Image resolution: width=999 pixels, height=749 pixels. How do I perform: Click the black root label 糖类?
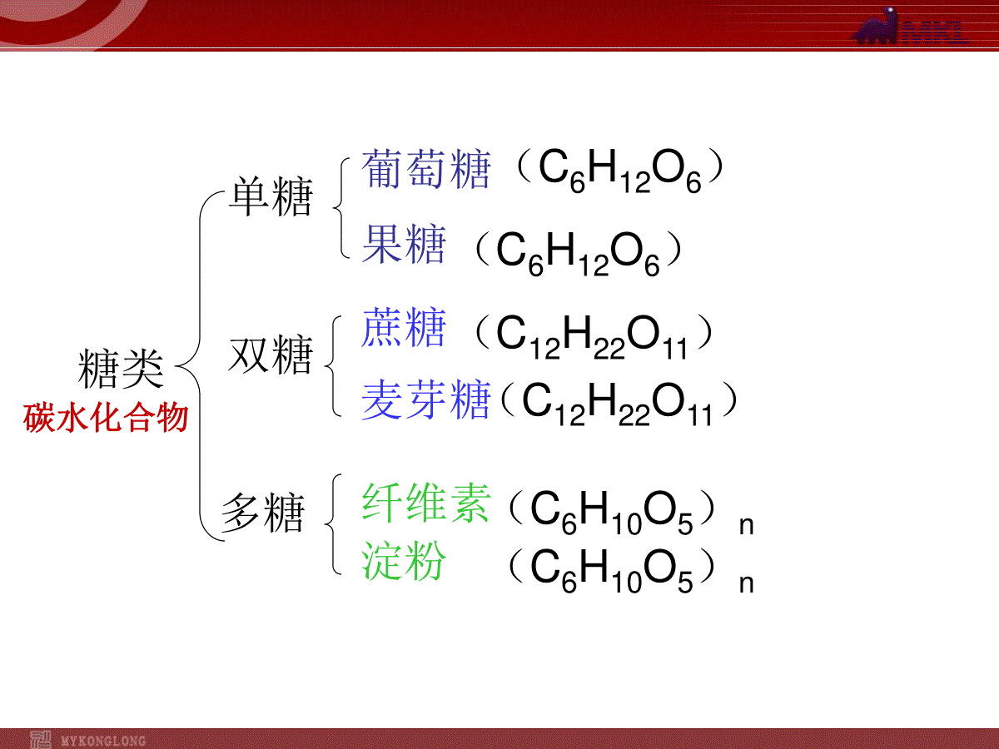coord(121,369)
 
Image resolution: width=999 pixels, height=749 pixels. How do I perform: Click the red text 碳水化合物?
coord(106,418)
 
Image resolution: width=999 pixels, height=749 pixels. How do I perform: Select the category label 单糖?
coord(271,196)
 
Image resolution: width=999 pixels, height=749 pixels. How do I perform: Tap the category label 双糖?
coord(271,355)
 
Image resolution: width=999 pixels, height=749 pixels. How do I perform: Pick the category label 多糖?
coord(263,513)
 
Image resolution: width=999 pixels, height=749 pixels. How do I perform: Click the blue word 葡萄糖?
coord(426,169)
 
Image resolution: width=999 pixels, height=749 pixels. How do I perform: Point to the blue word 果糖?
coord(404,244)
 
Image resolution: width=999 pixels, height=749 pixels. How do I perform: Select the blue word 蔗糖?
coord(403,327)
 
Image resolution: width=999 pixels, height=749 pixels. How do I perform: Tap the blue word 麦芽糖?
coord(426,400)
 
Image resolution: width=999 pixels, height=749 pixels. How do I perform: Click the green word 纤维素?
coord(426,503)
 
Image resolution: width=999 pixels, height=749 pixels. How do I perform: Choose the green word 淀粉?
coord(404,561)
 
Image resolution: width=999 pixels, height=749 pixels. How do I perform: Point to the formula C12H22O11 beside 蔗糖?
coord(592,337)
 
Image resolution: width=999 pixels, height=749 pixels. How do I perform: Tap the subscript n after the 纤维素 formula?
coord(747,526)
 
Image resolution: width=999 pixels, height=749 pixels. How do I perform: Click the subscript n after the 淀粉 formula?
coord(747,583)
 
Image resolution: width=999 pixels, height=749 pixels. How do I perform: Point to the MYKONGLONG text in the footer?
coord(103,741)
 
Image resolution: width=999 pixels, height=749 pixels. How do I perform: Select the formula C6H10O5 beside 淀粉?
coord(612,571)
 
